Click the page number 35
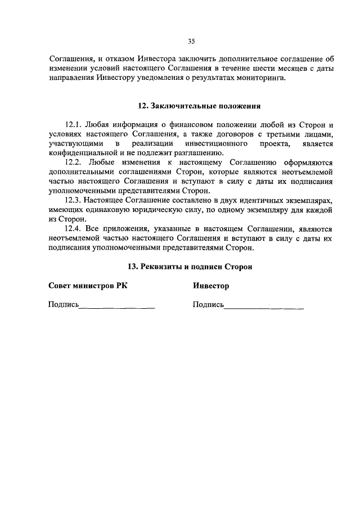coord(191,41)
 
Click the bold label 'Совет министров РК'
coord(88,286)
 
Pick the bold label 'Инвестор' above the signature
coord(211,286)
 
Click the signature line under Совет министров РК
coord(117,308)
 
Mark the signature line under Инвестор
coord(264,308)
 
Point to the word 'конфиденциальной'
coord(82,153)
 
